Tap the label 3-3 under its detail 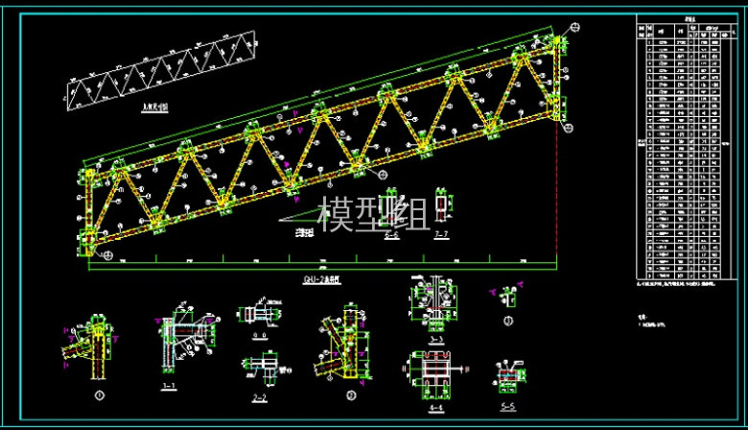point(436,340)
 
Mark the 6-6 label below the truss point(391,234)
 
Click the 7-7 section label point(441,234)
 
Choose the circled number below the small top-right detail point(508,321)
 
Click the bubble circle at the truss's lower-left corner point(106,255)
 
